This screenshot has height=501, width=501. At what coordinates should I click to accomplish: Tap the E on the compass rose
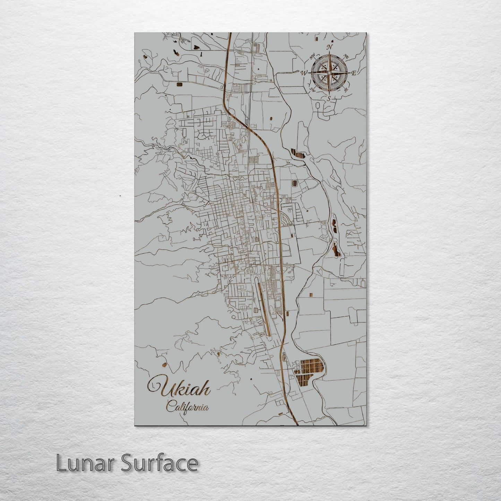click(354, 73)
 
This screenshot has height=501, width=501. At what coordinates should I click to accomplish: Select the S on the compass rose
click(329, 99)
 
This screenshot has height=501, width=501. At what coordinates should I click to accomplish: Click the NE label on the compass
click(346, 56)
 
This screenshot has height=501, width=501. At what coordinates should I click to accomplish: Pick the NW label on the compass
click(312, 56)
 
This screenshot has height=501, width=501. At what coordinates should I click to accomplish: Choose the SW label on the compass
click(312, 89)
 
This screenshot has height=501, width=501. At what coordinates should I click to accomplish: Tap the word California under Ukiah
click(188, 407)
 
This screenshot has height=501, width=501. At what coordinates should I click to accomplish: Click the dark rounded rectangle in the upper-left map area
click(179, 84)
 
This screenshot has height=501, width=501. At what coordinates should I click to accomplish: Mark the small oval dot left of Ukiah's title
click(164, 365)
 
